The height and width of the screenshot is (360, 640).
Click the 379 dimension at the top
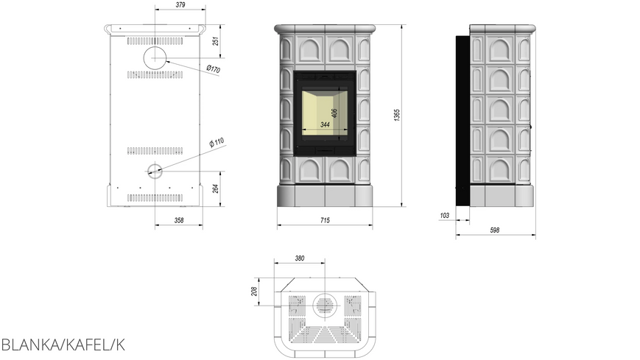point(180,5)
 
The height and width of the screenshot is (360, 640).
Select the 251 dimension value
point(216,41)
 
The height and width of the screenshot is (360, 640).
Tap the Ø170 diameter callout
point(213,69)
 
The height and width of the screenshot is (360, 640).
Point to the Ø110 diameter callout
point(217,142)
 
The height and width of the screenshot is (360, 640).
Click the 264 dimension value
point(216,188)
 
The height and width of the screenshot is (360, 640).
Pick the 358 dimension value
point(179,220)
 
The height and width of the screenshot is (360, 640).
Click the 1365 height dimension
point(397,115)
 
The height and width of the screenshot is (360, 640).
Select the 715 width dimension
point(325,220)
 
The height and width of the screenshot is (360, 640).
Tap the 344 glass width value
point(325,124)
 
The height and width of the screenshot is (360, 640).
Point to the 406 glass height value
point(334,113)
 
